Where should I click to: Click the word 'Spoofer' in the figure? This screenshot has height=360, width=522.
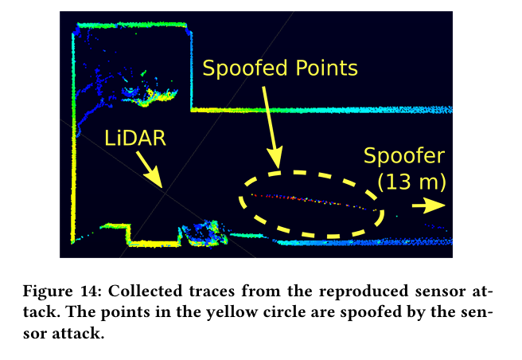404,155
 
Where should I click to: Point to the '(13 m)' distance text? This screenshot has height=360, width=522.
411,182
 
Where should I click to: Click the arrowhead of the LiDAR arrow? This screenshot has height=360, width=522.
162,184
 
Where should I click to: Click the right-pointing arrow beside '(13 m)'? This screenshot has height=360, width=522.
430,205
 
